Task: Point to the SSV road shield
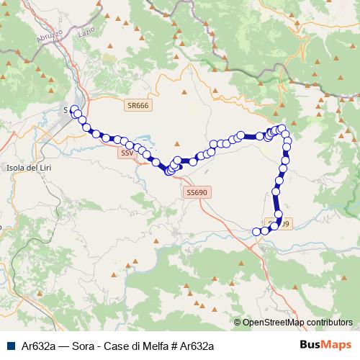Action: click(127, 153)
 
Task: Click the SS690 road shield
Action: click(196, 192)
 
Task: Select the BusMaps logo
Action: click(325, 346)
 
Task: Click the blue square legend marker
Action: click(9, 346)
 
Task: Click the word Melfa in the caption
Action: click(153, 346)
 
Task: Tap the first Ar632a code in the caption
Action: click(37, 346)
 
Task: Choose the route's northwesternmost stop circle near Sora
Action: click(73, 109)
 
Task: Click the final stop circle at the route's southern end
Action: click(257, 231)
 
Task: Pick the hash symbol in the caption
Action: click(173, 346)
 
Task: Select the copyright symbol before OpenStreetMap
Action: click(238, 323)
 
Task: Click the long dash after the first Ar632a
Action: click(63, 346)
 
